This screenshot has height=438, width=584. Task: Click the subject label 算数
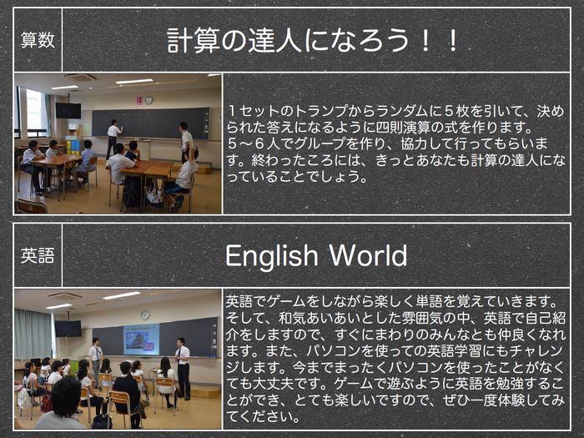pyautogui.click(x=38, y=40)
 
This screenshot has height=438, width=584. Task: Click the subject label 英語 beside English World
pyautogui.click(x=38, y=255)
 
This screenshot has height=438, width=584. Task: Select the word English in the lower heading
pyautogui.click(x=271, y=257)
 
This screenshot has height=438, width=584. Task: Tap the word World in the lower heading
pyautogui.click(x=368, y=255)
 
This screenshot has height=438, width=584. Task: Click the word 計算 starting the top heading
pyautogui.click(x=194, y=40)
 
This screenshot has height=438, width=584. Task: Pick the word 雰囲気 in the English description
pyautogui.click(x=421, y=318)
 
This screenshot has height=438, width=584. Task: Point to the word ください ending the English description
pyautogui.click(x=265, y=416)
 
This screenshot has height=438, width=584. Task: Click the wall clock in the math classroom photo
pyautogui.click(x=149, y=100)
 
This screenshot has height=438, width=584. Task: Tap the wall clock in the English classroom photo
pyautogui.click(x=145, y=315)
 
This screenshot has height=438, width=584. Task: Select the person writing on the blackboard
pyautogui.click(x=113, y=138)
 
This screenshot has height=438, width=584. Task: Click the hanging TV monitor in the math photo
pyautogui.click(x=68, y=111)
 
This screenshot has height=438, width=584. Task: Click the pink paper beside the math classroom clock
pyautogui.click(x=139, y=100)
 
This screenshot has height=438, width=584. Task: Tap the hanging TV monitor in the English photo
pyautogui.click(x=68, y=329)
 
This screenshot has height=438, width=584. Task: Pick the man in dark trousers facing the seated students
pyautogui.click(x=183, y=369)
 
